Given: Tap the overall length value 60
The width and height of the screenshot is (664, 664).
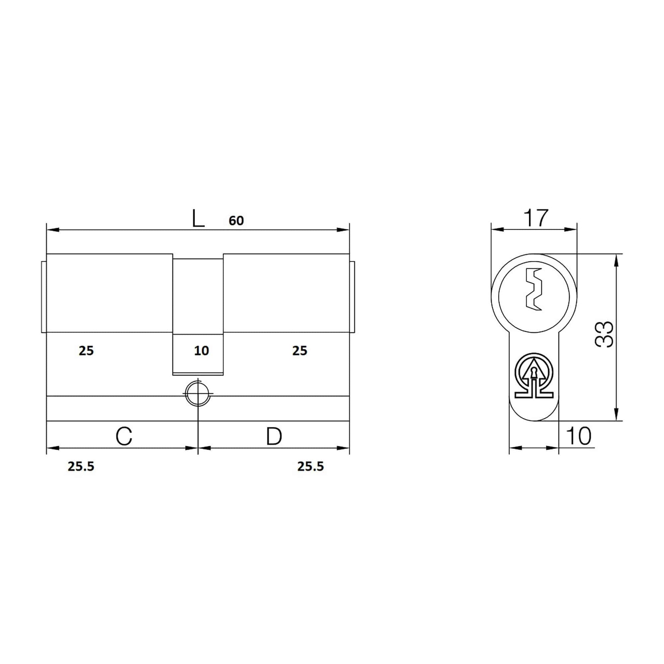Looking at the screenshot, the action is (236, 221).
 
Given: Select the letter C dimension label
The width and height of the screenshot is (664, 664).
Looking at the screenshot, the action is (124, 436).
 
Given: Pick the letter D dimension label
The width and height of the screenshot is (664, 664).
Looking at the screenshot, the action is (274, 436).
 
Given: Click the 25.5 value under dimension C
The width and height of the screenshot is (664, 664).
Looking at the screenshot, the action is (81, 466).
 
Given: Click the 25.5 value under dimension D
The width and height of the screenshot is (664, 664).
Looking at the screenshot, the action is (311, 466).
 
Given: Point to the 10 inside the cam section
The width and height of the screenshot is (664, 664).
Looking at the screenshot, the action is (201, 350).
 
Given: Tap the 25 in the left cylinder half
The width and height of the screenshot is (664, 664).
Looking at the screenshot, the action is (86, 350).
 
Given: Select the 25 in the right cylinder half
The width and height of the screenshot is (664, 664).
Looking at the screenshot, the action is (300, 350).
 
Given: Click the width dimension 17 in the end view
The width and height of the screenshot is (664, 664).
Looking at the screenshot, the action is (535, 218).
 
